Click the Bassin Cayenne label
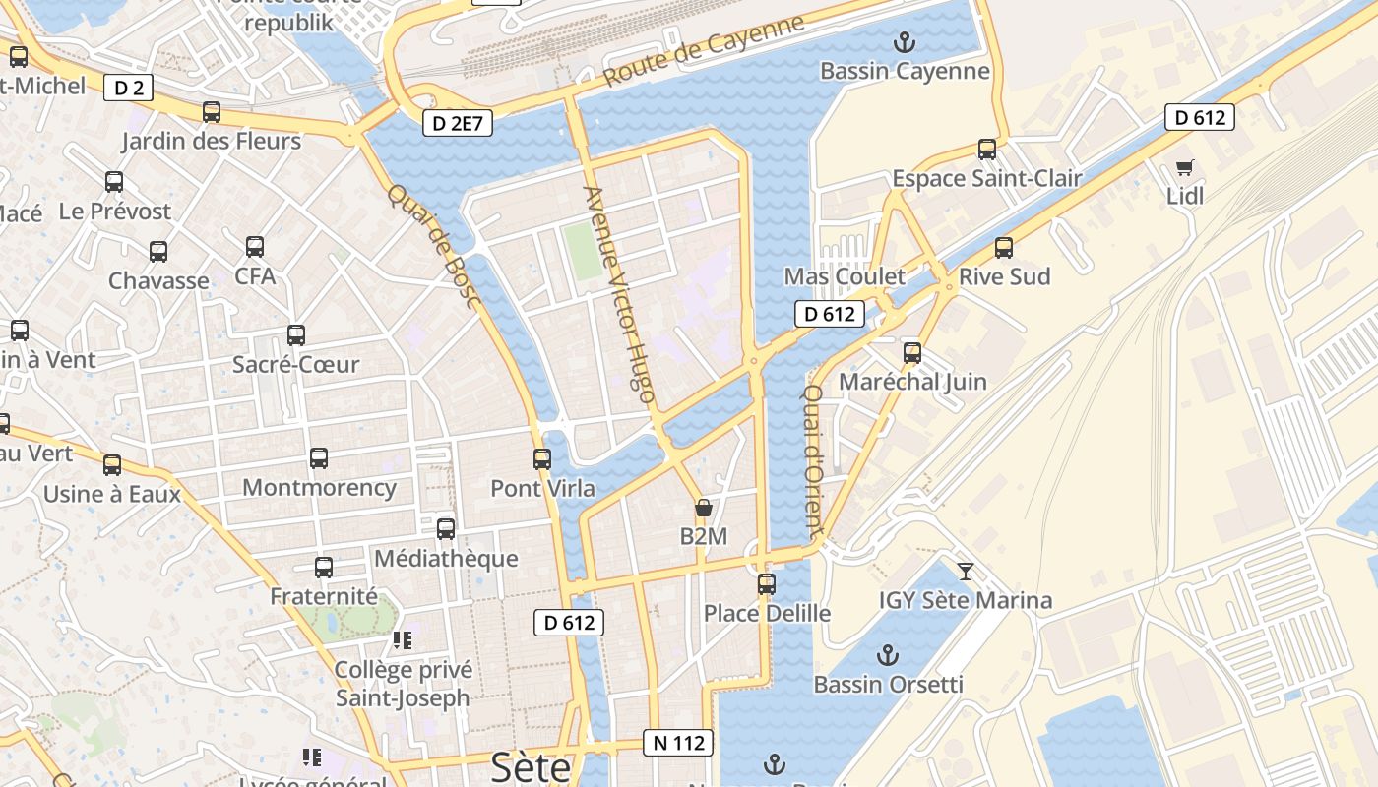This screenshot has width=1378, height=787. (904, 71)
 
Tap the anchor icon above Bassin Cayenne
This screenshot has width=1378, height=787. (904, 41)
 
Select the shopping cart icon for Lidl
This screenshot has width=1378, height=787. (1185, 168)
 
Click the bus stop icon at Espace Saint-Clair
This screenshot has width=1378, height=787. (986, 150)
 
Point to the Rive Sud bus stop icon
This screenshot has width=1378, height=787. (1003, 248)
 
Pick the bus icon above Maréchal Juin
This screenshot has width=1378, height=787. (912, 353)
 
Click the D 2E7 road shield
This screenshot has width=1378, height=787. (458, 124)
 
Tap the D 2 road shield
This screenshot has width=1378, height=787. (129, 89)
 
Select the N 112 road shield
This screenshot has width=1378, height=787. (678, 743)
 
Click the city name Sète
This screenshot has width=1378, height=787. (531, 766)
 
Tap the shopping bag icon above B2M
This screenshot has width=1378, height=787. (703, 509)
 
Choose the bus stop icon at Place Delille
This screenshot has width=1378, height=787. (766, 584)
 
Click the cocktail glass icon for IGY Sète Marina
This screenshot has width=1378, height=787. (966, 571)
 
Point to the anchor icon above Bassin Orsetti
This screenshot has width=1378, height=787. (888, 654)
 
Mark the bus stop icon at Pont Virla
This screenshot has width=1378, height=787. (541, 459)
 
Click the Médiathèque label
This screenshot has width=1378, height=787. (446, 559)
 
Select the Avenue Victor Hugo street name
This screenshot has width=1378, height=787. (619, 295)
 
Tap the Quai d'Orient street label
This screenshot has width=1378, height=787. (814, 460)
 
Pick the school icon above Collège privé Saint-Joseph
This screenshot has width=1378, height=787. (402, 640)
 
